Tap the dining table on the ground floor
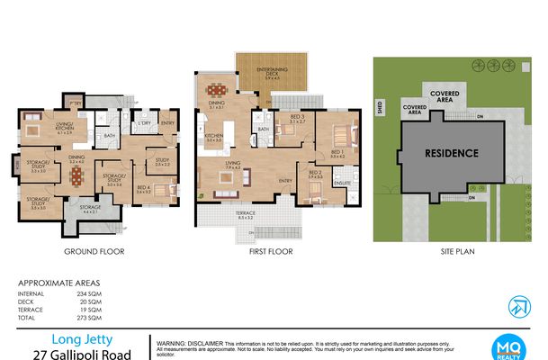click(76, 173)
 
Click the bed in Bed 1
click(343, 137)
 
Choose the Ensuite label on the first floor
click(342, 183)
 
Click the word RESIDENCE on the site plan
click(451, 153)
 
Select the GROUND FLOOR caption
click(94, 252)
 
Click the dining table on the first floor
click(215, 89)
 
